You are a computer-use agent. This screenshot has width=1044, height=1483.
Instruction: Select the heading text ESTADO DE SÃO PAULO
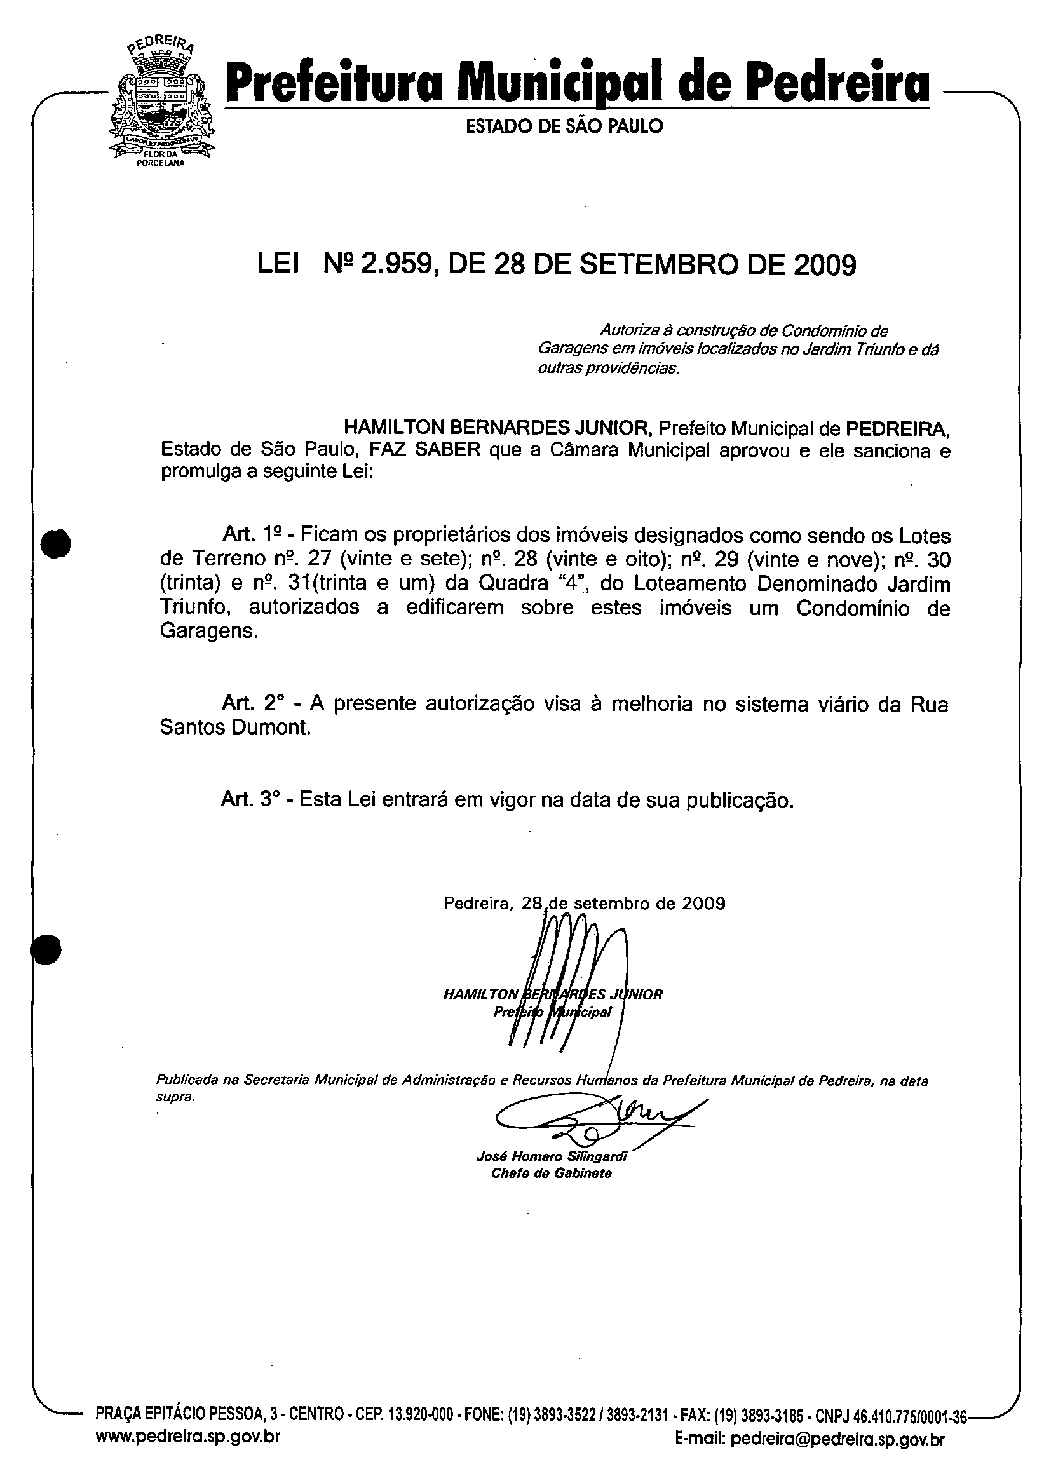(564, 126)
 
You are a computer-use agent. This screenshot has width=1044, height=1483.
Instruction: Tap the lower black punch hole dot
(46, 949)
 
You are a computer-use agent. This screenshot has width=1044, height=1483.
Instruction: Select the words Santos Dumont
(235, 728)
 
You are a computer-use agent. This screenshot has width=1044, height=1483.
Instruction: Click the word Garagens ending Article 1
(208, 632)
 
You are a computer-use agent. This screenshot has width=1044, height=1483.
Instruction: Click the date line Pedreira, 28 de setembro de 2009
(584, 903)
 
